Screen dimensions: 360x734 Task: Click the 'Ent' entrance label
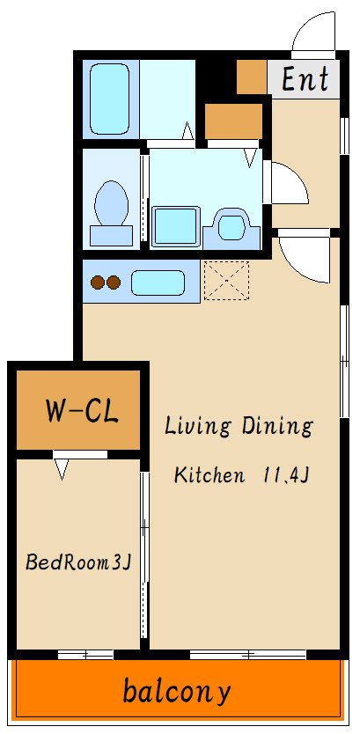tap(305, 79)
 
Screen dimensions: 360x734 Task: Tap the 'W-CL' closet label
tap(82, 410)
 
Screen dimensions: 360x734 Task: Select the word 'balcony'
tap(177, 691)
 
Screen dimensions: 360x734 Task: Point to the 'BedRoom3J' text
tap(77, 562)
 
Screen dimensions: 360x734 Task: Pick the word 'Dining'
tap(276, 427)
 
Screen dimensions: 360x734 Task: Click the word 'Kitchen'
tap(209, 474)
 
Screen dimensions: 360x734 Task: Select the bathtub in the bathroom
tap(109, 99)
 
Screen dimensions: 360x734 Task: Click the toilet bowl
tap(112, 204)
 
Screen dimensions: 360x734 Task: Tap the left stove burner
tap(98, 283)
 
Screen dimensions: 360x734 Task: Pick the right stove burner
tap(114, 283)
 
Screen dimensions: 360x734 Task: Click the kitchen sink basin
tap(158, 283)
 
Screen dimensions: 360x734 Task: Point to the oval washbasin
tap(231, 225)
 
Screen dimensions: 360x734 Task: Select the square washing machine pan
tap(175, 226)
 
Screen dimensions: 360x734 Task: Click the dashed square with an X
tap(226, 280)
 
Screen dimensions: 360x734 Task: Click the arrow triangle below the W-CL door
tap(62, 469)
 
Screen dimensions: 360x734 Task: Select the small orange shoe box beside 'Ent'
tap(252, 77)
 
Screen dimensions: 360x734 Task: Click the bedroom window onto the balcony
tap(85, 654)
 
